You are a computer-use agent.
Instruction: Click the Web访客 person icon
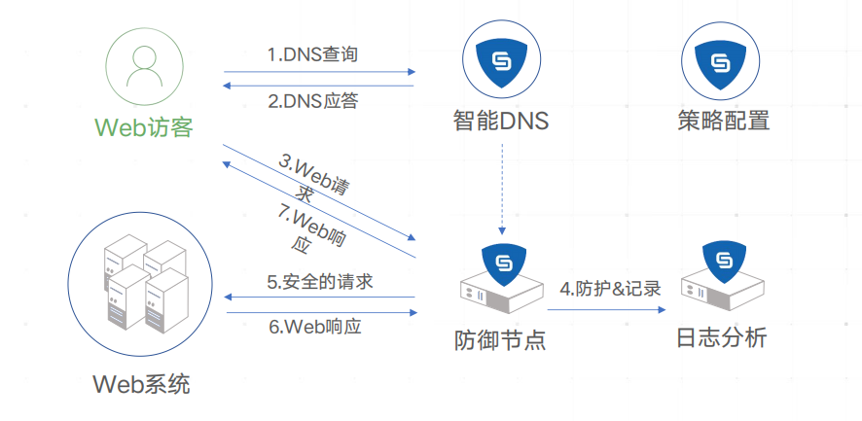144,68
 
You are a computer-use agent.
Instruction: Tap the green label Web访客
144,127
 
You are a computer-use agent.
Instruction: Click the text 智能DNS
501,123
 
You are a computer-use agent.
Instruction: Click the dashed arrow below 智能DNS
502,190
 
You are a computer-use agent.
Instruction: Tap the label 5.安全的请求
320,282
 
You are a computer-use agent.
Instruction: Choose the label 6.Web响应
315,327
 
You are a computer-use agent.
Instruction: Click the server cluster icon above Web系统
143,282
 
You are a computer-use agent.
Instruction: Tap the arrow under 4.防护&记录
606,310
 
